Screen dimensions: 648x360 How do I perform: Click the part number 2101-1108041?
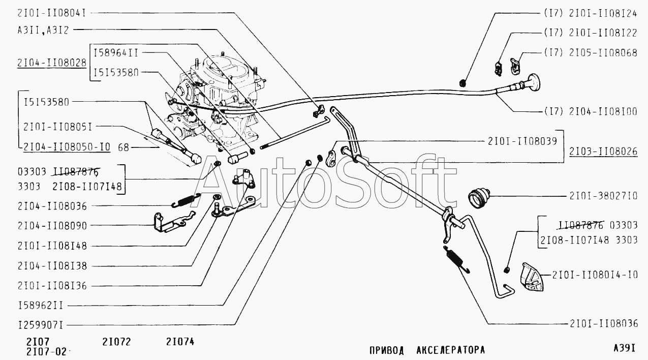52,13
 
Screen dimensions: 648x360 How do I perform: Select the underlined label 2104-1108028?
52,63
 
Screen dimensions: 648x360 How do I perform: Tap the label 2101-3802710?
603,196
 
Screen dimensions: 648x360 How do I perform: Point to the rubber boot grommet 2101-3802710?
478,198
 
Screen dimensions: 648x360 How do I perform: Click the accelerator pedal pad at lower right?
532,277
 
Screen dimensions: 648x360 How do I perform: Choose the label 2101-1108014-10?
595,275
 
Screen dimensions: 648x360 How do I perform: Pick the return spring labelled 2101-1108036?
456,259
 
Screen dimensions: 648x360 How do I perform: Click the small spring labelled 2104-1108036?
186,200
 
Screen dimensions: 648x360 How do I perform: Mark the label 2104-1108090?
52,226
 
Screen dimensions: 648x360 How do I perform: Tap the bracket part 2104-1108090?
173,222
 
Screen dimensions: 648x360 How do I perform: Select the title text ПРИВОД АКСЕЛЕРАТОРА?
427,350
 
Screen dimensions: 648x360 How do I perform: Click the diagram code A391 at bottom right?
624,348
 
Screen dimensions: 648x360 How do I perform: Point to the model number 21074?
180,342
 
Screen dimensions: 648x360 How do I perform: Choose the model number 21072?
116,342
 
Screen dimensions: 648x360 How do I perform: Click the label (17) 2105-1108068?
591,53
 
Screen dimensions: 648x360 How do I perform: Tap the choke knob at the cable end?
534,83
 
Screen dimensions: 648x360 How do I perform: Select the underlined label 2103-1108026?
603,152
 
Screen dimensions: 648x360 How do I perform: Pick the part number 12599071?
41,325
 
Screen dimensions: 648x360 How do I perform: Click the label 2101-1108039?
522,141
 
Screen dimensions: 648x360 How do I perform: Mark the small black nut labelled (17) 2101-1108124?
463,83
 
